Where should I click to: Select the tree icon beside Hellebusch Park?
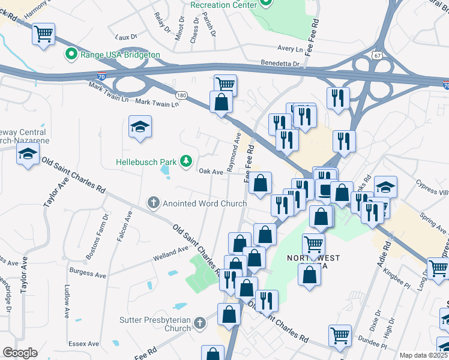[x=187, y=160]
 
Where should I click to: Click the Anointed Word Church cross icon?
[x=153, y=203]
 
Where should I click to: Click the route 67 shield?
[x=376, y=55]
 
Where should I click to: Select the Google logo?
[x=20, y=353]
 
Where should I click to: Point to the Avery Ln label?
[x=291, y=48]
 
